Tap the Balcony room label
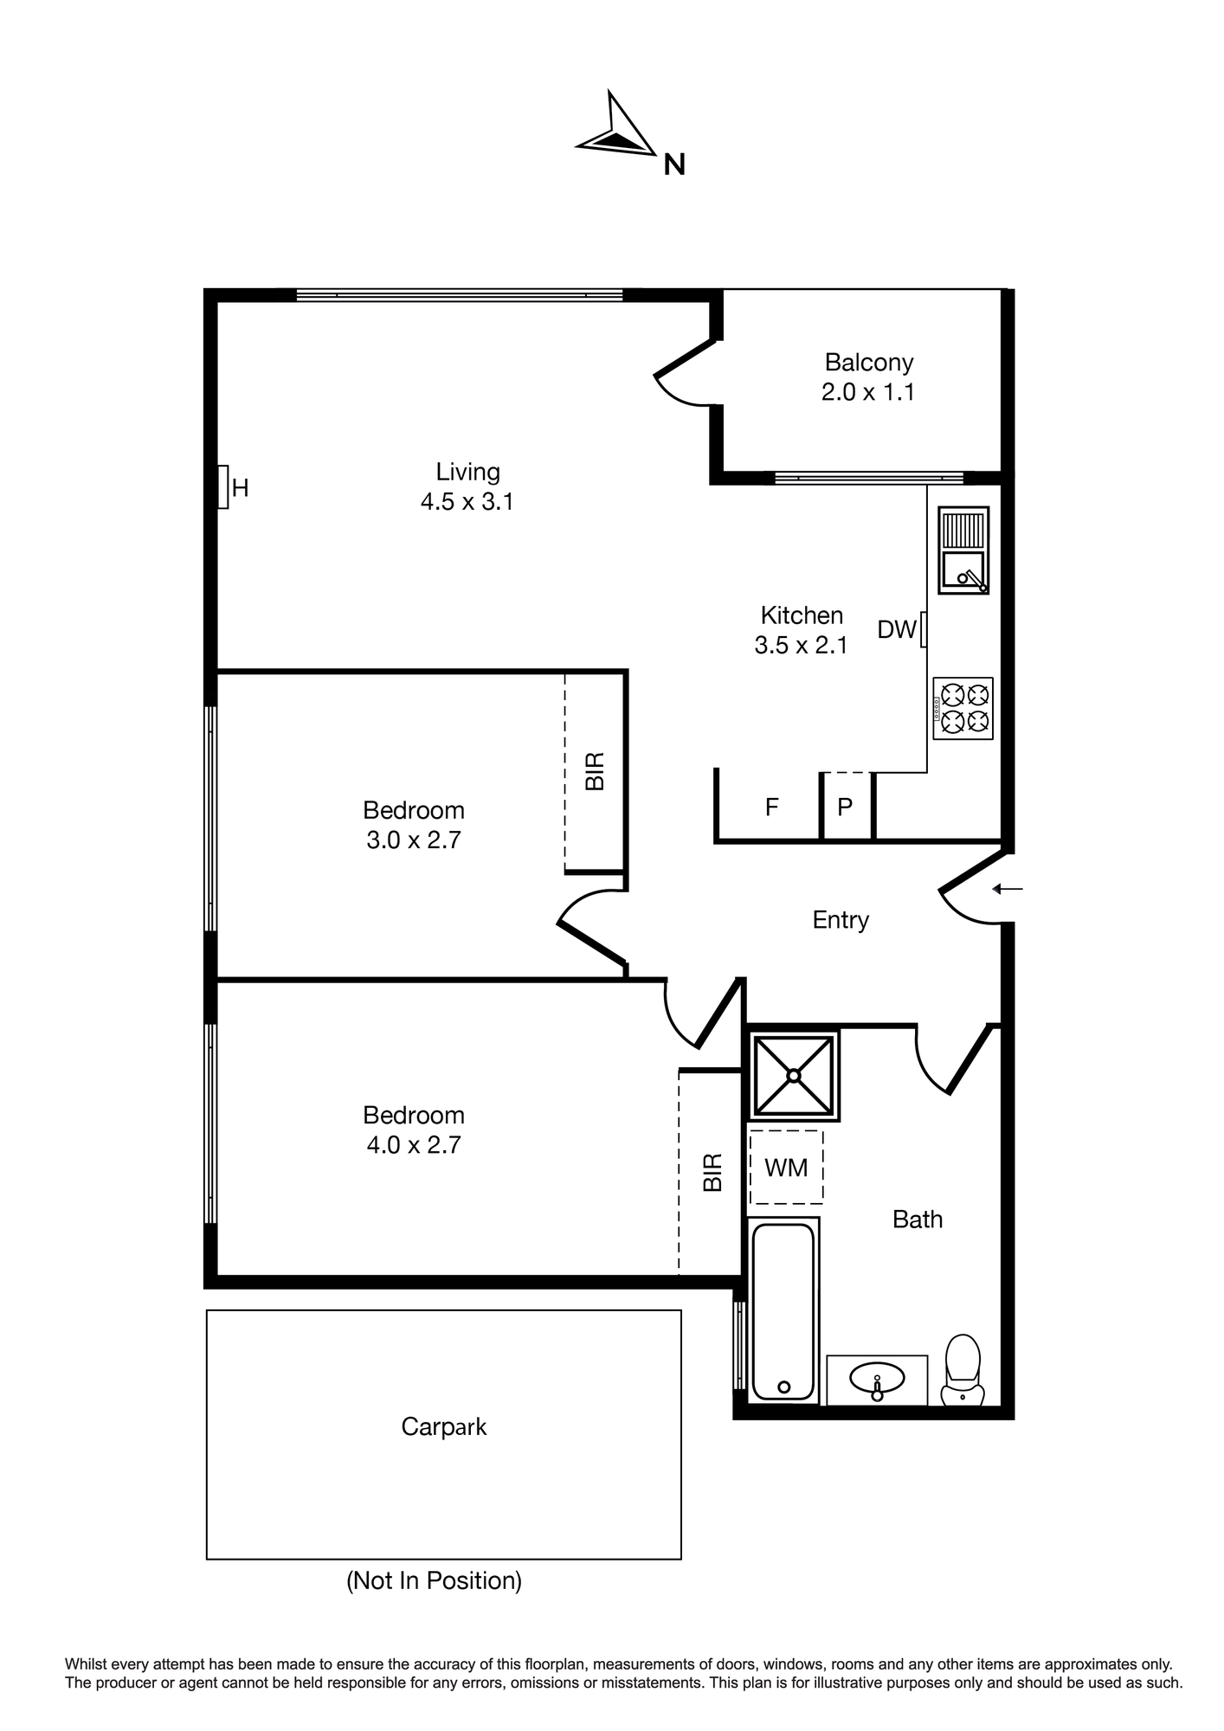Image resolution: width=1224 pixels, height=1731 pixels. point(868,362)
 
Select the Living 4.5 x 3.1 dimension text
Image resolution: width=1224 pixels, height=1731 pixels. point(467,501)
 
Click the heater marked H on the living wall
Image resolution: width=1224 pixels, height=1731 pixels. point(222,487)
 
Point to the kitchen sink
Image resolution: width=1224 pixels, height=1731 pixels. point(963,550)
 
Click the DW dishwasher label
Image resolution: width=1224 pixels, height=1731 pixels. point(896,629)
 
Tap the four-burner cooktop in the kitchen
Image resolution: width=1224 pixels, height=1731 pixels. point(963,708)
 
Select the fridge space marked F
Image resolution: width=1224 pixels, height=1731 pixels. point(771,807)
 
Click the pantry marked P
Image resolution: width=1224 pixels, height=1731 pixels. point(845,807)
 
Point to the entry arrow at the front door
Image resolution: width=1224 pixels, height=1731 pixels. point(1008,888)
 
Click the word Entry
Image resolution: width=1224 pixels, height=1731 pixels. point(841,919)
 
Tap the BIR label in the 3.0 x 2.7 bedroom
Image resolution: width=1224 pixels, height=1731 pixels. point(595,770)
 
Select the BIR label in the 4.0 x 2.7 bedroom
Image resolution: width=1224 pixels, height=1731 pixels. point(712,1172)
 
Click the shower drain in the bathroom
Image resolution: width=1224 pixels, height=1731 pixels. point(793,1075)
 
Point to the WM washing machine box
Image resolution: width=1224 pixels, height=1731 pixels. point(786,1167)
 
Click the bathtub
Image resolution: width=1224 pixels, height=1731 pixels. point(783,1310)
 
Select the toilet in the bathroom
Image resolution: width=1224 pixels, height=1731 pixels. point(963,1369)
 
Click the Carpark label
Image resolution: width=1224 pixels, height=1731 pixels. point(444,1426)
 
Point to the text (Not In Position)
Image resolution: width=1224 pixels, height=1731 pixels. point(435,1580)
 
